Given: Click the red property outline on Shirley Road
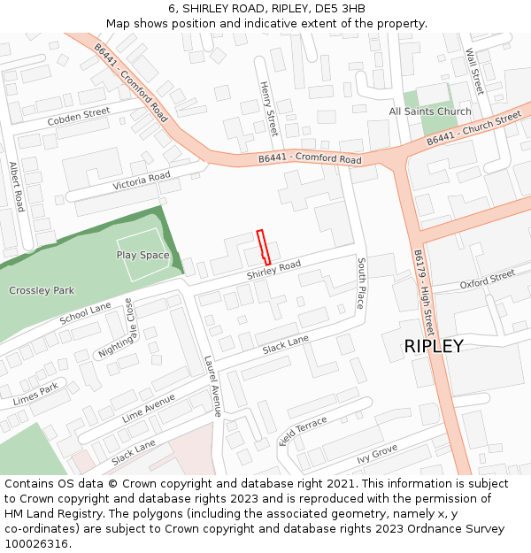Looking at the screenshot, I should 263,247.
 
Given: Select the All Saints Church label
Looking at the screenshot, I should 430,111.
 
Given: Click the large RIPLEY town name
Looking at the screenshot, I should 434,346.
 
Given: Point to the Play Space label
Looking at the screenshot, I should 142,255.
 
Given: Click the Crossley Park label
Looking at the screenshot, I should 42,290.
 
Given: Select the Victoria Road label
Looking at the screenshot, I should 142,181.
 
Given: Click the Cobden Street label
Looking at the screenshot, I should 79,116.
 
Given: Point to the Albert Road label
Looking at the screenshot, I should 16,186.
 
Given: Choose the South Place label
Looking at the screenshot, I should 361,283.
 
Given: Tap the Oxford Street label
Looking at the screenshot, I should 487,280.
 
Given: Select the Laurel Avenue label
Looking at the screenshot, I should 212,386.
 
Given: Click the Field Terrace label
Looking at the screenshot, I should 303,432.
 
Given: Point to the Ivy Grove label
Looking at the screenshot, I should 377,455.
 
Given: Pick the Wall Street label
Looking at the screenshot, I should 475,71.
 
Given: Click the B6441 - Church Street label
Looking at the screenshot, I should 473,129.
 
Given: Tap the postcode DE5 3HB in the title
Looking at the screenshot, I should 340,9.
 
